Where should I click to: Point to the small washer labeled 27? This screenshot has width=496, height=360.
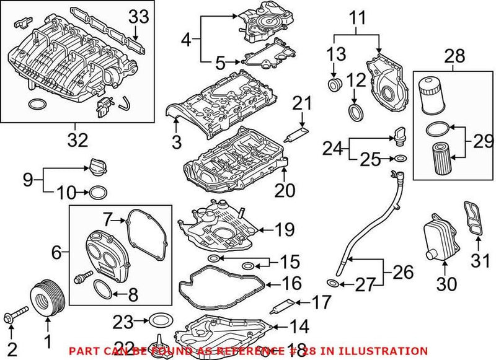pyautogui.click(x=333, y=283)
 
